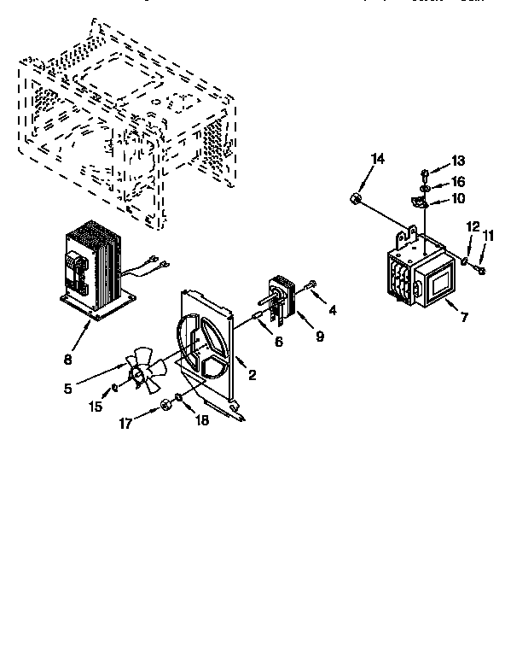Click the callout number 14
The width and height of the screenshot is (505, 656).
tap(378, 159)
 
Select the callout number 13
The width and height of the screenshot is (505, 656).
tap(458, 161)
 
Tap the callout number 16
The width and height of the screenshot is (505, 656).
tap(458, 181)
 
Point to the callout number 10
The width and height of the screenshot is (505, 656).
tap(458, 199)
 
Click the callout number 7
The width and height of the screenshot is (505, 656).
tap(464, 318)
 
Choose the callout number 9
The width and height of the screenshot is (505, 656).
tap(319, 337)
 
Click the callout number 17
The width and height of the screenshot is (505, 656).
tap(125, 422)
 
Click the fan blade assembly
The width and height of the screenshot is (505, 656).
tap(144, 372)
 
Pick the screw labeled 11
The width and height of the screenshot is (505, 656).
tap(482, 270)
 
